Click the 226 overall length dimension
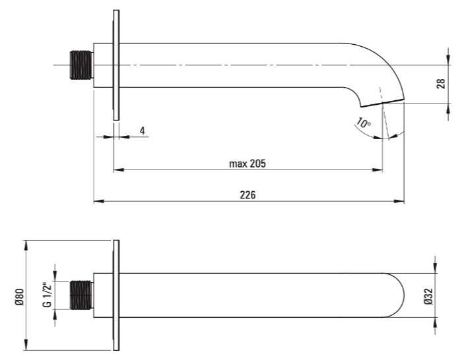(x=247, y=195)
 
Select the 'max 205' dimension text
(x=247, y=164)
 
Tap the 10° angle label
(x=364, y=123)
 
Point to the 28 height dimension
(x=441, y=84)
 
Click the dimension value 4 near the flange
(x=143, y=131)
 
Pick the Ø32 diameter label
(x=429, y=296)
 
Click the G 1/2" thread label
(x=47, y=295)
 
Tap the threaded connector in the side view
(x=81, y=65)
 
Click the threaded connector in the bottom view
(x=81, y=295)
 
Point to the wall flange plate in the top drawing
(x=116, y=65)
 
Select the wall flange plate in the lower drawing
(x=116, y=295)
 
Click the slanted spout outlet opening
(x=382, y=103)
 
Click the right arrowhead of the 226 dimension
(x=399, y=201)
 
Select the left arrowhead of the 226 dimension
(x=98, y=201)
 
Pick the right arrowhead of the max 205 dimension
(x=378, y=170)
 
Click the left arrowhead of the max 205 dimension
(x=118, y=170)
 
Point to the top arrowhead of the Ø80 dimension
(x=26, y=245)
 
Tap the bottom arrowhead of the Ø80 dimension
(x=26, y=345)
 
